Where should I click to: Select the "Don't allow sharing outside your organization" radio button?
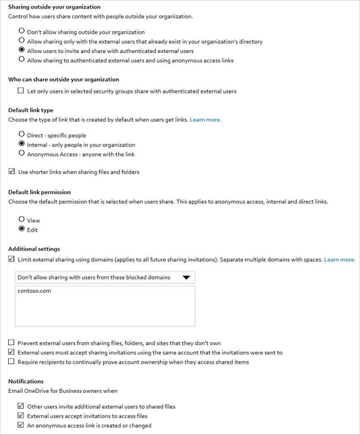[x=21, y=31]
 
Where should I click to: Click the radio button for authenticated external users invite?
[x=21, y=50]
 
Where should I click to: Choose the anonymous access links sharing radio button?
[x=21, y=60]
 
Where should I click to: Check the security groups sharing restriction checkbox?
[x=21, y=91]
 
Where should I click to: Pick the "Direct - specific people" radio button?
[x=21, y=135]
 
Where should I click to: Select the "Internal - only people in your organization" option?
[x=21, y=144]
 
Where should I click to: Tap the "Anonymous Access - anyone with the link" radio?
[x=21, y=153]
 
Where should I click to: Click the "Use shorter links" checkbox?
[x=11, y=171]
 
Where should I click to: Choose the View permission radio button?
[x=21, y=220]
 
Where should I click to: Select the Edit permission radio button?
[x=21, y=229]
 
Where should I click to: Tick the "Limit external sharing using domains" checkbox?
[x=11, y=259]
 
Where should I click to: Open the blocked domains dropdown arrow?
[x=186, y=278]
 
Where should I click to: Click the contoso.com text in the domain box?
[x=34, y=291]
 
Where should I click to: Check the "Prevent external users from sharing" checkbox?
[x=11, y=343]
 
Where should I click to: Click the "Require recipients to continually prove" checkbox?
[x=11, y=361]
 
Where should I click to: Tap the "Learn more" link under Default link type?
[x=206, y=120]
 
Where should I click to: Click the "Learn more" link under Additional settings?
[x=340, y=259]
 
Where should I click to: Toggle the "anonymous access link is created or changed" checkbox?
[x=21, y=425]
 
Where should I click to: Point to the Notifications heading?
[x=26, y=381]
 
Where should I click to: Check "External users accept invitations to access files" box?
[x=21, y=415]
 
